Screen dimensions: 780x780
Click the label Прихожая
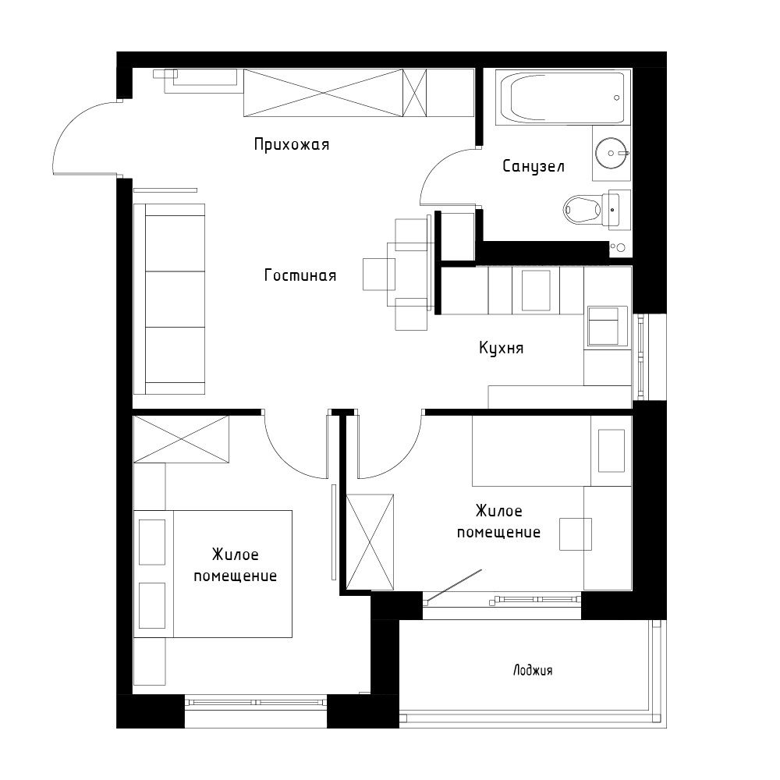(x=292, y=144)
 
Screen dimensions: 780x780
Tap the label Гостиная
(x=300, y=275)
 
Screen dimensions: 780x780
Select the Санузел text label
(x=533, y=166)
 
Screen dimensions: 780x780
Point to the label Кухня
(x=501, y=348)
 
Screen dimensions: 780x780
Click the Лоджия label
(x=533, y=670)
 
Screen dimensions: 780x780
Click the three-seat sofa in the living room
(x=169, y=299)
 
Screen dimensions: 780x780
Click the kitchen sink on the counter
(x=535, y=289)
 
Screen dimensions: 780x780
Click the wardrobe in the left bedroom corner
(x=181, y=439)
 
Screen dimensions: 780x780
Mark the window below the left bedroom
(x=257, y=701)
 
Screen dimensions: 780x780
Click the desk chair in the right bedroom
(x=575, y=534)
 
